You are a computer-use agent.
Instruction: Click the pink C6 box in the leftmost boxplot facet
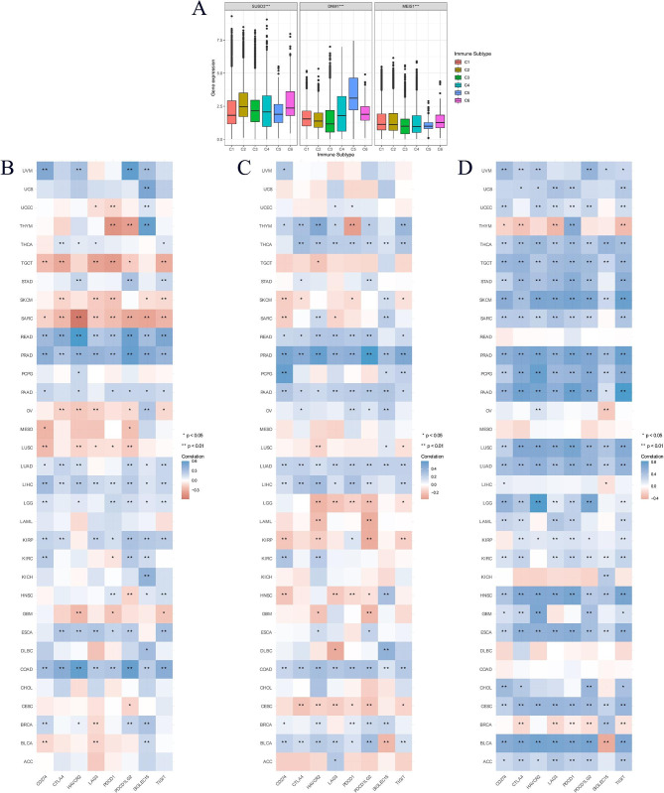pos(290,103)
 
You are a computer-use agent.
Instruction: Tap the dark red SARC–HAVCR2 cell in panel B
pos(77,317)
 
